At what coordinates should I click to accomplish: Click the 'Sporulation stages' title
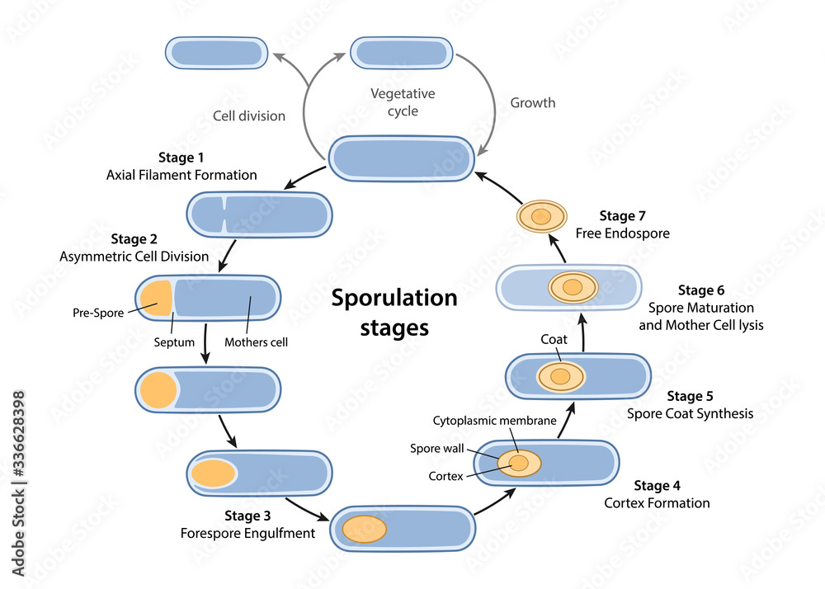click(x=394, y=312)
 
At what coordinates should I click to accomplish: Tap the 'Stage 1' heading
click(x=181, y=157)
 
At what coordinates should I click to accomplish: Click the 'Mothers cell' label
click(x=257, y=342)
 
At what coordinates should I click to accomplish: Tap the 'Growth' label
click(x=532, y=103)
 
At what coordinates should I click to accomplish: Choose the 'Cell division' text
click(x=249, y=115)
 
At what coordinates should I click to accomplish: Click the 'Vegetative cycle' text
click(x=403, y=102)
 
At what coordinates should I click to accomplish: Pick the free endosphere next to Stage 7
click(x=541, y=217)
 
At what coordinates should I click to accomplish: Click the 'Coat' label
click(x=554, y=339)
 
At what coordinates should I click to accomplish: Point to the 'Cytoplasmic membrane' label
click(x=494, y=421)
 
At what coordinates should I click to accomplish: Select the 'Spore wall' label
click(x=437, y=449)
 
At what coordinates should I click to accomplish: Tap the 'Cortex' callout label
click(x=445, y=476)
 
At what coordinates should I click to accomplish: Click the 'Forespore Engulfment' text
click(x=247, y=533)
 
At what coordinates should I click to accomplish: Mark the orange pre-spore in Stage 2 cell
click(x=155, y=298)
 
